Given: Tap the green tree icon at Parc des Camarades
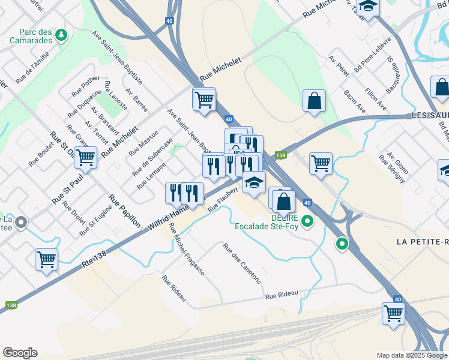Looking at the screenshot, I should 61,36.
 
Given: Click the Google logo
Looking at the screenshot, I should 20,353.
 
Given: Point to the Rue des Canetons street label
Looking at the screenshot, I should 242,263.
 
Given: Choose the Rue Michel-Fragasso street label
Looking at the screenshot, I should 186,249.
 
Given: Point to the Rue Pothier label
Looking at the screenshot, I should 86,86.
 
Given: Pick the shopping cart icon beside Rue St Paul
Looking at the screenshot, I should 86,158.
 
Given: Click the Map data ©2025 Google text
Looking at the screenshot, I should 411,355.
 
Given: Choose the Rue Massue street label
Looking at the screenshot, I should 142,142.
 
